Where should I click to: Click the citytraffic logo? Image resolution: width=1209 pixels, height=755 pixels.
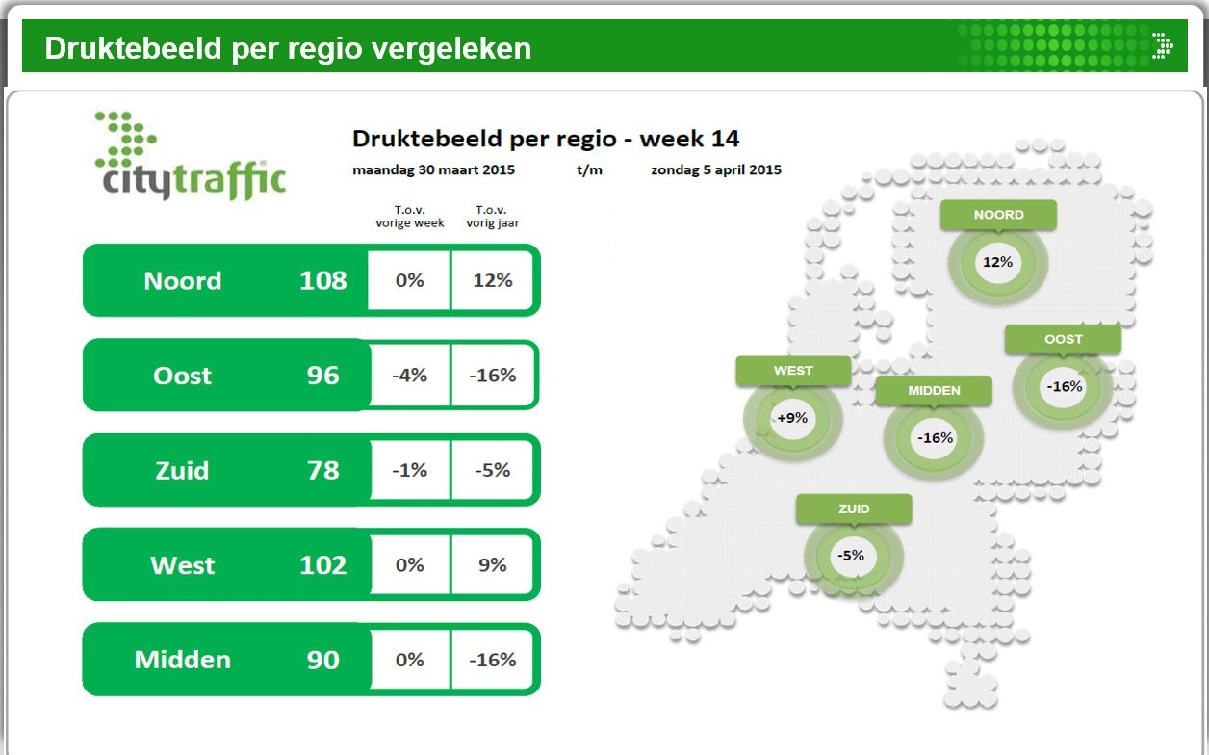(191, 157)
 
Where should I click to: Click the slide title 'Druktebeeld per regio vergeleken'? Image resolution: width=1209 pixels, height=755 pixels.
(288, 48)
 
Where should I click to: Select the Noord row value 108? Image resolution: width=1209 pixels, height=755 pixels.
(322, 280)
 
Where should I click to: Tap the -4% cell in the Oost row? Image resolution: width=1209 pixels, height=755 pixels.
(409, 376)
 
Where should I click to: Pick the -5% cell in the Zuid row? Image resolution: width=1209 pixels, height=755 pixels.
(492, 470)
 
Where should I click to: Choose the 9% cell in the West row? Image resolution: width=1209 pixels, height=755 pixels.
(492, 565)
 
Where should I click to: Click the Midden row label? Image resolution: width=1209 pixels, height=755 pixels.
(183, 660)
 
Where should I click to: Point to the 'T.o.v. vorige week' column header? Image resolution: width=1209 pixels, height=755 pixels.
(410, 217)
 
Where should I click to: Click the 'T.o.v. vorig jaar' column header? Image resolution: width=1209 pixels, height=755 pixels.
(493, 217)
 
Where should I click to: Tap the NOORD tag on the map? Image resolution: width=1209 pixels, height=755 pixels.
(998, 215)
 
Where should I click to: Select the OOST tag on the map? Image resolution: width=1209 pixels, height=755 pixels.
(1063, 339)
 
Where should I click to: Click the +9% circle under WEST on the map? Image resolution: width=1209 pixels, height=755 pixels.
(791, 418)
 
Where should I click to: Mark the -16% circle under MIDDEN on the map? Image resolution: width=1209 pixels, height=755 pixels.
(935, 438)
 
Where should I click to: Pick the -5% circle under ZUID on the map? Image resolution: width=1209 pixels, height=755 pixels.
(851, 556)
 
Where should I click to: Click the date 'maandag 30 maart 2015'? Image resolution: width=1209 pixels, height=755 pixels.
(433, 170)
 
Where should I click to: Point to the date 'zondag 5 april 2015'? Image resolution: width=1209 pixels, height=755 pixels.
(715, 170)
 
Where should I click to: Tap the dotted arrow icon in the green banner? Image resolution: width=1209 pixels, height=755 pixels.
(1162, 45)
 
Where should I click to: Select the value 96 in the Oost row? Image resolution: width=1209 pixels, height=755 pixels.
(322, 376)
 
